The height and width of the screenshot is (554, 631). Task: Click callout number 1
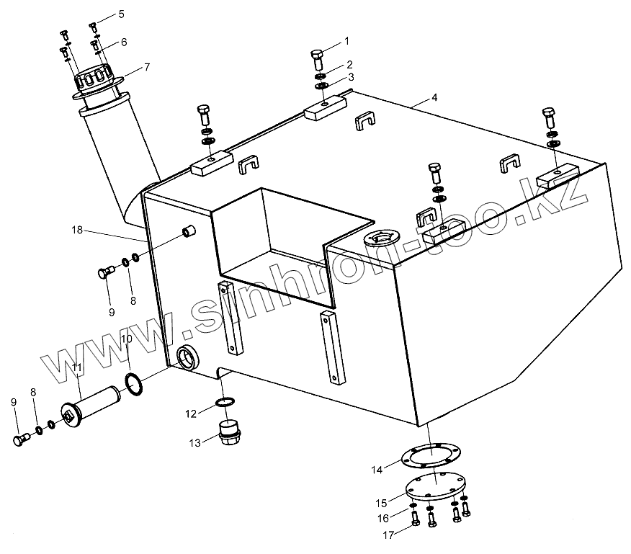[346, 40]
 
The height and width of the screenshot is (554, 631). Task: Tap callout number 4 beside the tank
[435, 97]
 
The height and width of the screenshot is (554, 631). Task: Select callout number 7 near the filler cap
[146, 67]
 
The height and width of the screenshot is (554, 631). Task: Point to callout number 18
[77, 230]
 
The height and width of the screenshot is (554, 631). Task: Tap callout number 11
[77, 368]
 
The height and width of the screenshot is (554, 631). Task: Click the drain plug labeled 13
[229, 433]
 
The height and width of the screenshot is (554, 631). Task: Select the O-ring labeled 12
[225, 401]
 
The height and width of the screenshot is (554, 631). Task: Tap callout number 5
[120, 14]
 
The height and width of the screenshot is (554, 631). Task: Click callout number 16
[383, 517]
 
